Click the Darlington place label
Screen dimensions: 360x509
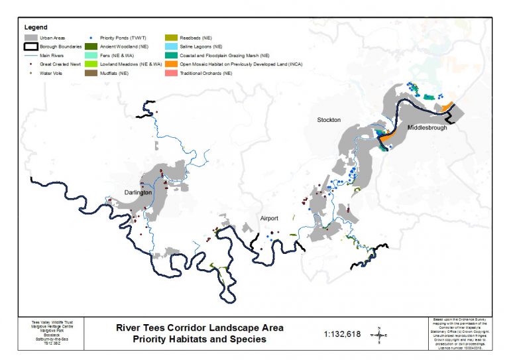pos(138,192)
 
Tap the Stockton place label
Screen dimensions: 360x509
pos(328,120)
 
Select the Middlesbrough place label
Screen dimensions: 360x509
pos(427,127)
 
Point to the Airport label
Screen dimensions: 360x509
pos(269,218)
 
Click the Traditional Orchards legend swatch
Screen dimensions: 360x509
pos(171,74)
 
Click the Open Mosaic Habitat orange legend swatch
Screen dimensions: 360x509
pos(171,65)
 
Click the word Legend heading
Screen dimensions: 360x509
pos(35,27)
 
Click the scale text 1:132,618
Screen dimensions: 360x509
pos(343,334)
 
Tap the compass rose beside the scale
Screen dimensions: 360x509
pos(378,335)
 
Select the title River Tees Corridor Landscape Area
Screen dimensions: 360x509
pos(199,328)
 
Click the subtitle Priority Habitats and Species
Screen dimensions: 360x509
pos(199,339)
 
